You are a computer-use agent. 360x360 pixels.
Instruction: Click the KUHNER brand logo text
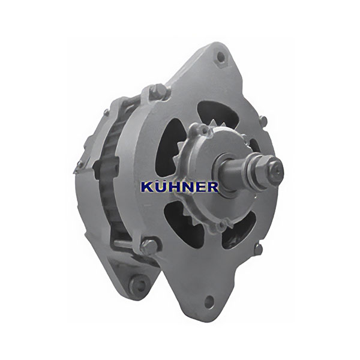[x=179, y=187]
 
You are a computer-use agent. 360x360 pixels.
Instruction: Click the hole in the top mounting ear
[x=221, y=57]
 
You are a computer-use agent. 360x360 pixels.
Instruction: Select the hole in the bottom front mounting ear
[x=209, y=301]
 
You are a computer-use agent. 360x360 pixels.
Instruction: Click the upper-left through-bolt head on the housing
[x=158, y=91]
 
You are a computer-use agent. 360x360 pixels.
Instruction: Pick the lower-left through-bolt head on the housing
[x=149, y=246]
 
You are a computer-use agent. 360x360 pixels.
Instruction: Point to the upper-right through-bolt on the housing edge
[x=263, y=120]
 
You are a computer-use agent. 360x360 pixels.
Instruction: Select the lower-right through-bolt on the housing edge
[x=259, y=248]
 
